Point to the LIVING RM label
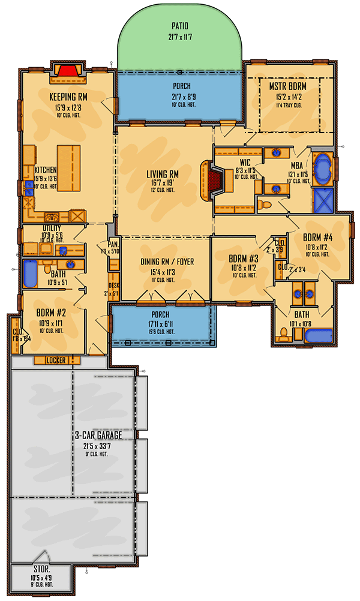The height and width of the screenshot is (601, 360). tap(163, 175)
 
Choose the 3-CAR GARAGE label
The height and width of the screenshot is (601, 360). tap(98, 434)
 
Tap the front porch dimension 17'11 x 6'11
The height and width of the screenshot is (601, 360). tap(160, 323)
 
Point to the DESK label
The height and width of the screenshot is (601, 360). tap(113, 286)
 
